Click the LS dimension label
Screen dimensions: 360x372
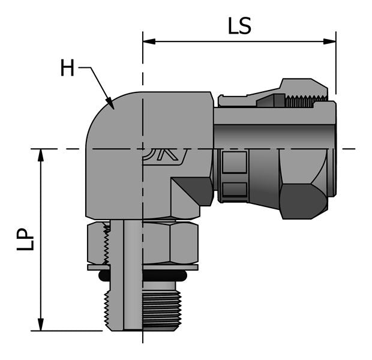point(239,26)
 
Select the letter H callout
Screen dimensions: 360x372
point(67,68)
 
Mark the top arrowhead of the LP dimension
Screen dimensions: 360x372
point(41,154)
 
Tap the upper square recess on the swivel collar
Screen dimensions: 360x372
point(234,163)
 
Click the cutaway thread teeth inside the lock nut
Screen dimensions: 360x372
point(107,243)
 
